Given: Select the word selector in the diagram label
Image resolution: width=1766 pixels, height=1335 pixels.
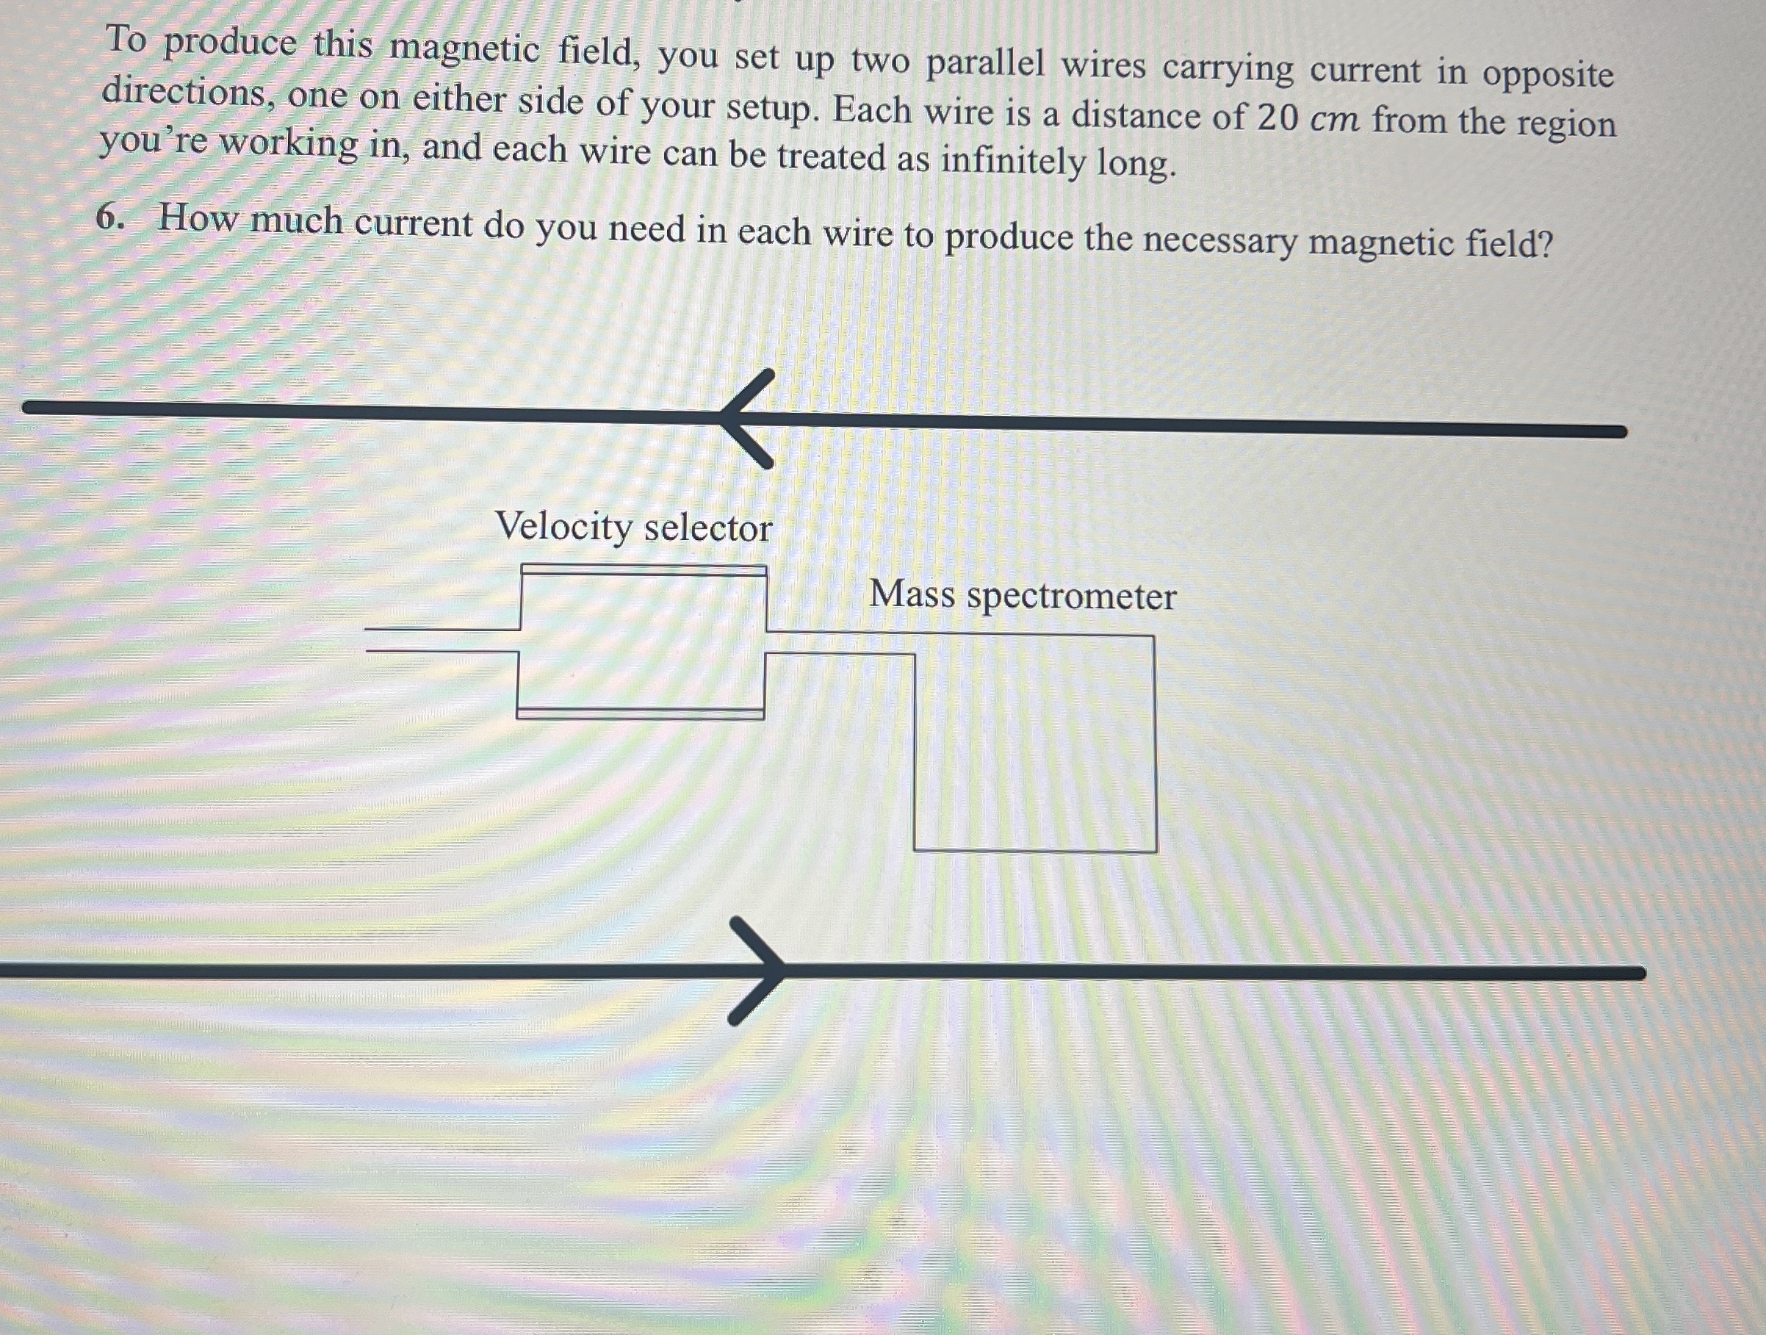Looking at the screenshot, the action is [708, 528].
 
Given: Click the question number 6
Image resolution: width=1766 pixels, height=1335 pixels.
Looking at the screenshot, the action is [109, 218].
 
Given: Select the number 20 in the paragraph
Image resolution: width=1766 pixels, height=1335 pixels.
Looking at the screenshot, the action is [1277, 118].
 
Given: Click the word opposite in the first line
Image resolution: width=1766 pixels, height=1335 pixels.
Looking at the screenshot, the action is [1548, 75].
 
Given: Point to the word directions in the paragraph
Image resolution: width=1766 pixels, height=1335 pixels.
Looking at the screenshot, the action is [183, 93].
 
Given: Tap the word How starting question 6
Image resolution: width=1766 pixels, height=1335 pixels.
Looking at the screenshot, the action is [196, 218].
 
